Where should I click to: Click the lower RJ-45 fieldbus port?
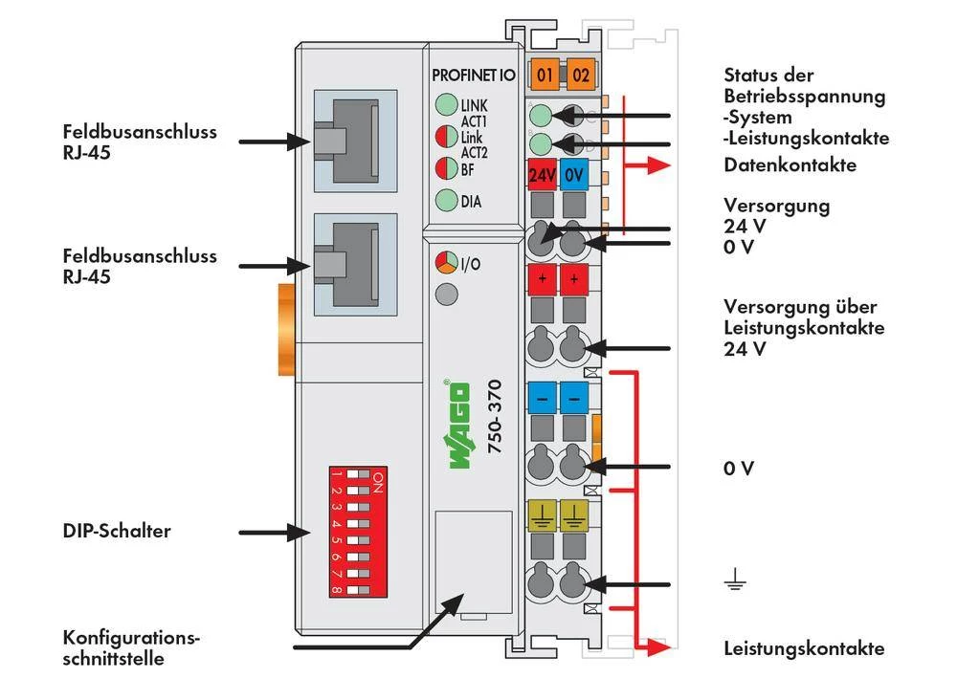(x=349, y=264)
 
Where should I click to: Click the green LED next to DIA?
(x=446, y=201)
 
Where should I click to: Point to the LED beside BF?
(x=446, y=169)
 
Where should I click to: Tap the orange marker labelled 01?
(x=545, y=74)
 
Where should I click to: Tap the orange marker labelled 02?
(x=579, y=74)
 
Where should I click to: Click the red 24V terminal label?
(x=543, y=176)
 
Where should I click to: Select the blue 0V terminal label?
(x=574, y=176)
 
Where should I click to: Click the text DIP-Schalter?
(x=117, y=531)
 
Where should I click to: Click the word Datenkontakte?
(x=790, y=165)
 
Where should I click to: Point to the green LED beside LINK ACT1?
(x=446, y=105)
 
